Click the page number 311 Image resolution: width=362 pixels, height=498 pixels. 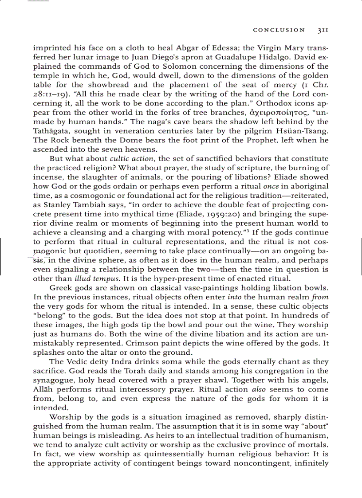(323, 30)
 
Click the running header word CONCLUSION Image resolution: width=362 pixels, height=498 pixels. (279, 30)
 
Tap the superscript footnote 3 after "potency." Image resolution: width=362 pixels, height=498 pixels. (245, 231)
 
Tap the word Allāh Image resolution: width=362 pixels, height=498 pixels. (44, 390)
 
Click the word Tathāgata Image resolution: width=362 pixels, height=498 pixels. (52, 131)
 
